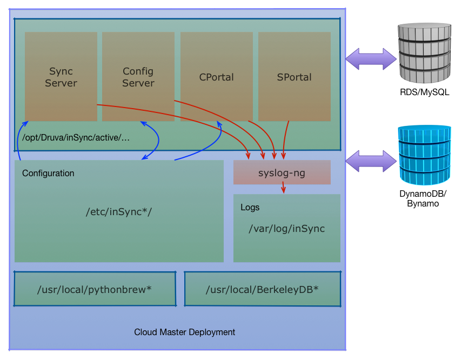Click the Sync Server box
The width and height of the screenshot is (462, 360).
point(61,77)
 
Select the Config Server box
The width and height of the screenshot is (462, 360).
point(138,77)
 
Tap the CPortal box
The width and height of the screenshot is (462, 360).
point(217,77)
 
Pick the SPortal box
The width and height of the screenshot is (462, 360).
point(294,77)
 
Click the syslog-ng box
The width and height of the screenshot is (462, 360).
point(282,172)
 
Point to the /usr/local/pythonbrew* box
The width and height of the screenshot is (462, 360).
point(95,289)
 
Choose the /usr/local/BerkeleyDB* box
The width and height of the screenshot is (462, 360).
point(263,289)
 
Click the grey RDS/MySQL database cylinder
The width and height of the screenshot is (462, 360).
point(425,53)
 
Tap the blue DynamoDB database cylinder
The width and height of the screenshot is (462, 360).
point(425,155)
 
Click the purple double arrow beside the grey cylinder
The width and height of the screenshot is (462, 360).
point(371,59)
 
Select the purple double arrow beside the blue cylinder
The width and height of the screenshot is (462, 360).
point(371,161)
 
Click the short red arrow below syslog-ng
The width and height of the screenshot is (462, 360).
point(283,188)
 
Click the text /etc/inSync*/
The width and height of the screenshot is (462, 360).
point(119,212)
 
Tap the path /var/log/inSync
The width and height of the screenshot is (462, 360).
point(287,229)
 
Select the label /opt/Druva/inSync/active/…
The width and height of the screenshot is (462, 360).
point(76,138)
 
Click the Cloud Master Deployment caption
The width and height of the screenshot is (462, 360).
point(184,332)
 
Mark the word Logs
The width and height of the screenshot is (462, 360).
point(250,207)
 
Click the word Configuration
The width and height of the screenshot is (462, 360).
point(48,174)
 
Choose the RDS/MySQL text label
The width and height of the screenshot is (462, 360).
point(425,92)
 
